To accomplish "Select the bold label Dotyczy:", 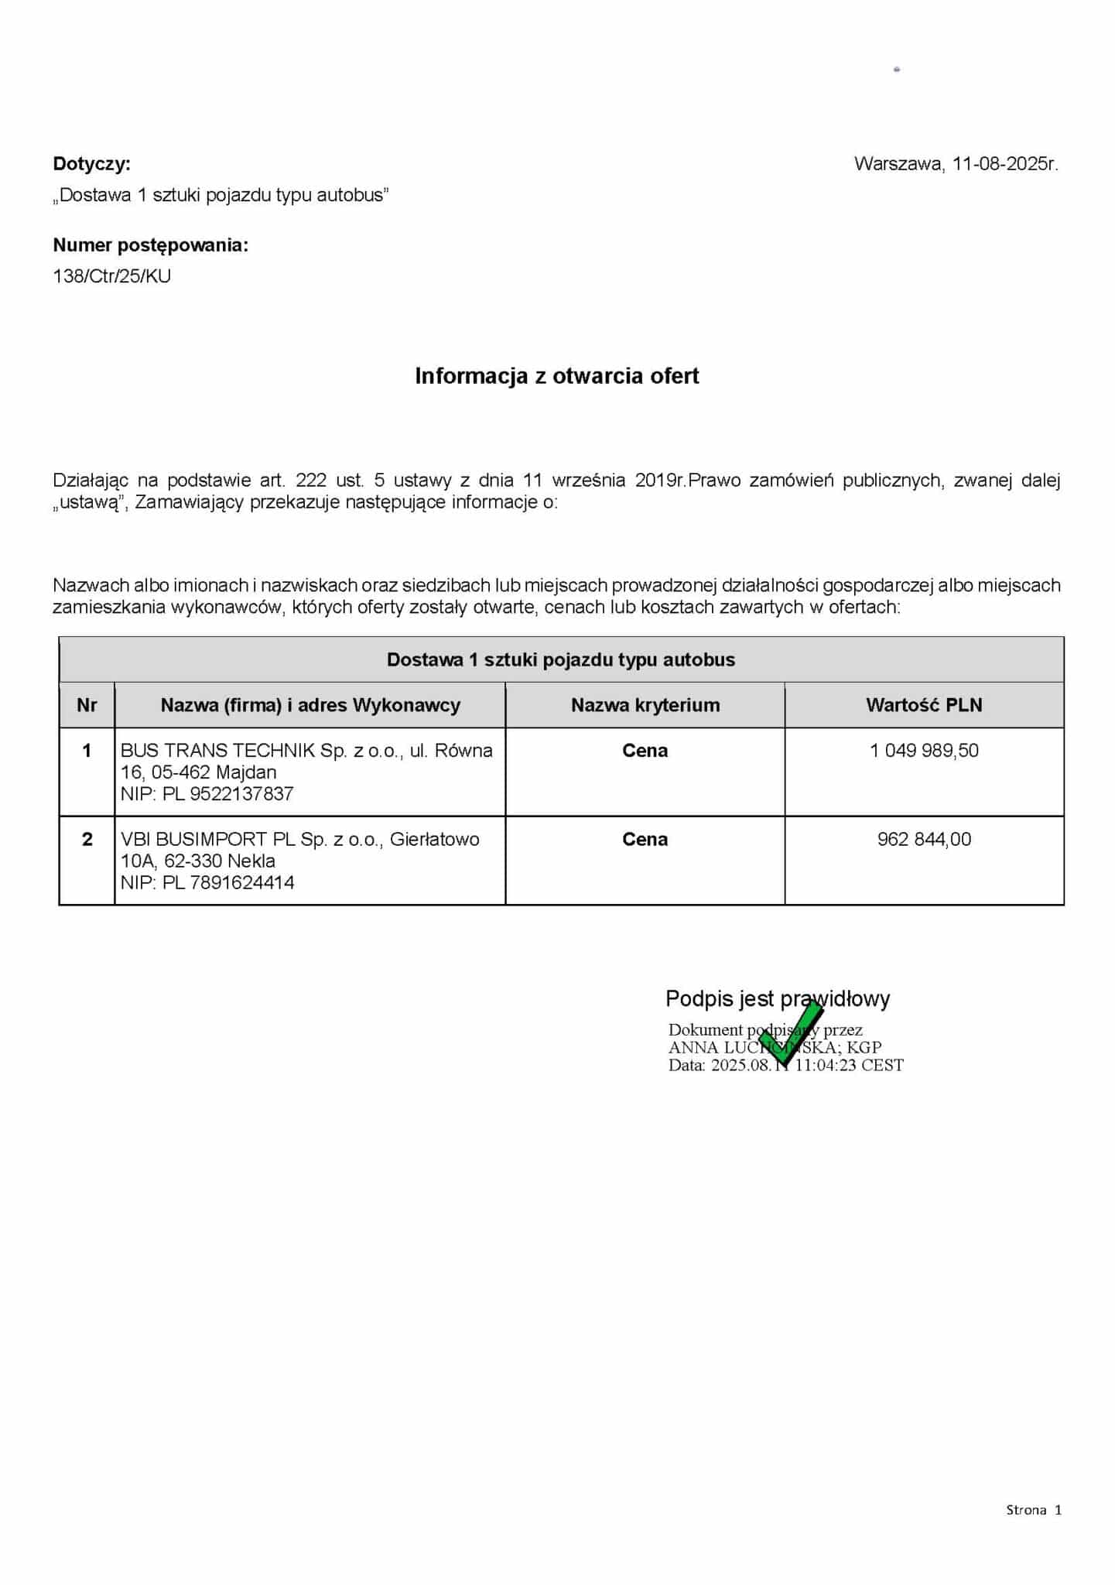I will pos(91,164).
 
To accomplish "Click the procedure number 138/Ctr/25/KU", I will pos(111,276).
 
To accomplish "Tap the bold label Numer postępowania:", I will pos(150,245).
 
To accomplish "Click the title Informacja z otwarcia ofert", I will pos(556,376).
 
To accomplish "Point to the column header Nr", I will pos(87,705).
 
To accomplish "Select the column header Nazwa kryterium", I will pos(645,705).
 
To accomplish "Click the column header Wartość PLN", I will pos(923,705).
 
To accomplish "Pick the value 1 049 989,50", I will pos(924,751).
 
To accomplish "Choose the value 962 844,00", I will pos(924,840).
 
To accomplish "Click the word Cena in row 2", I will pos(645,840).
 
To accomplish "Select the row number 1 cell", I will pos(87,751).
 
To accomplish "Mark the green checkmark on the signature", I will pos(791,1033).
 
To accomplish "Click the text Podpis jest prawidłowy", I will pos(777,999).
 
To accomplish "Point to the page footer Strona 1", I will pos(1033,1509).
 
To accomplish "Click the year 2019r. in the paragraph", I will pos(660,481).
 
